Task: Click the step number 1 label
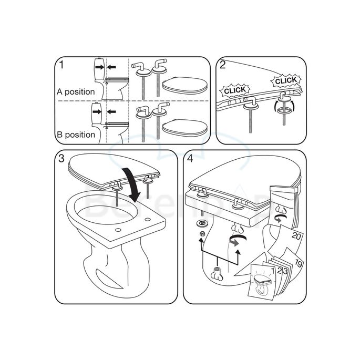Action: click(62, 66)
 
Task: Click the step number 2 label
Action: click(223, 66)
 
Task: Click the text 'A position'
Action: click(76, 92)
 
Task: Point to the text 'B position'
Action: click(76, 135)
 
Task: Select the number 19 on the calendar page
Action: click(299, 263)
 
